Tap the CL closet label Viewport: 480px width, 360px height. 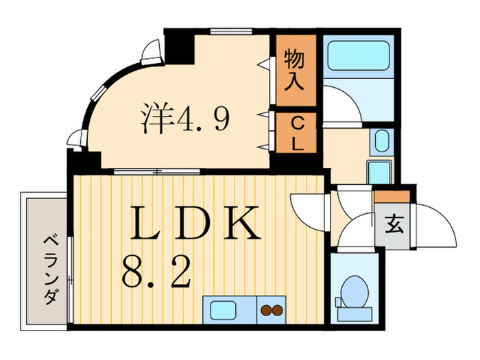(x=297, y=133)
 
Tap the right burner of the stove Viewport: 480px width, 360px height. (x=277, y=311)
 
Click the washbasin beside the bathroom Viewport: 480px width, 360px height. (x=381, y=142)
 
